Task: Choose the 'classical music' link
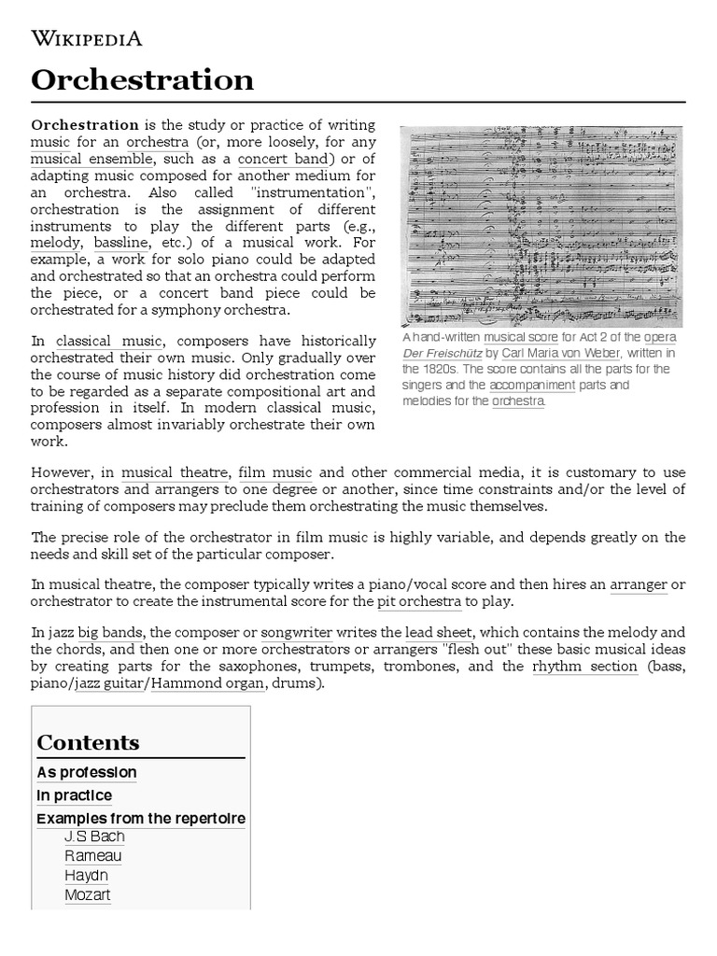pyautogui.click(x=109, y=341)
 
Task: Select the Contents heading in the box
pyautogui.click(x=88, y=742)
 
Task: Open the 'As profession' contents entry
pyautogui.click(x=87, y=772)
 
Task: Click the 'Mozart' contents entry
pyautogui.click(x=88, y=895)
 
